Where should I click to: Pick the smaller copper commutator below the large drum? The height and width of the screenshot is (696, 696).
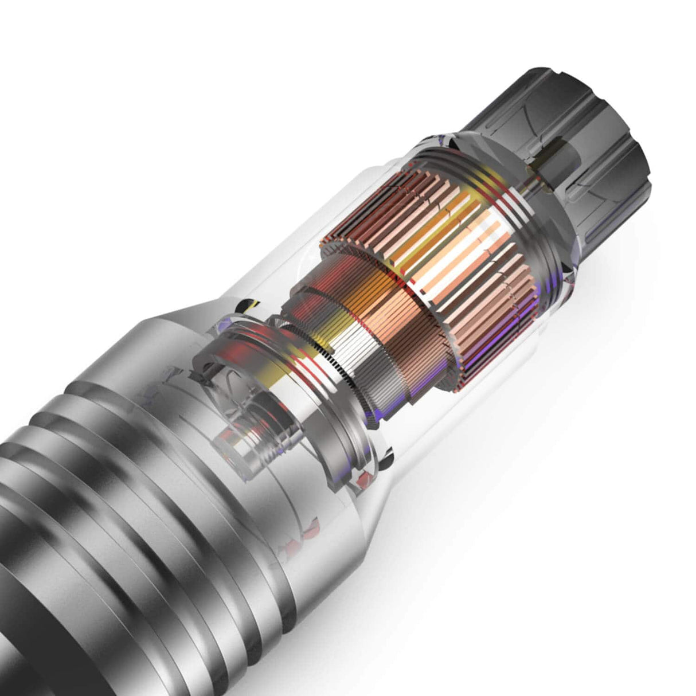tap(367, 321)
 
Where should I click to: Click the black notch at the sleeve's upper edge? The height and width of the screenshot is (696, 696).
tap(248, 303)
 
